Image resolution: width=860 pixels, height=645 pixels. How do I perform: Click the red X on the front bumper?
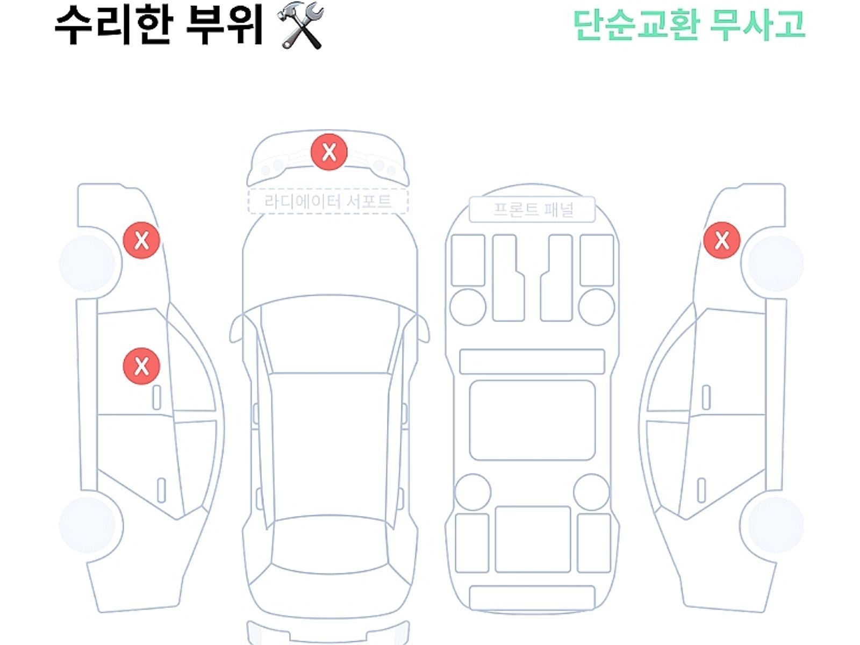tap(329, 152)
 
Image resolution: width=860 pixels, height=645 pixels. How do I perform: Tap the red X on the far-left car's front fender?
tap(141, 240)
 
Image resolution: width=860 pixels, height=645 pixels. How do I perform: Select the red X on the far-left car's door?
tap(141, 366)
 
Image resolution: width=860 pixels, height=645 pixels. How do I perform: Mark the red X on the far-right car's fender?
tap(722, 240)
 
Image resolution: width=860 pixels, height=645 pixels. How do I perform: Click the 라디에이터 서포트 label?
tap(328, 202)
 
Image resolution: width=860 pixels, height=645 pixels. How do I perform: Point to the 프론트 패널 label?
tap(533, 209)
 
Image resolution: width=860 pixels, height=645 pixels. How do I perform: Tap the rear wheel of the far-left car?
tap(87, 524)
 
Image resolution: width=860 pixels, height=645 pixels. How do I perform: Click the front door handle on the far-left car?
tap(156, 397)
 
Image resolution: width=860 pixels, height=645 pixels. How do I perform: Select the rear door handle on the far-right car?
tap(701, 490)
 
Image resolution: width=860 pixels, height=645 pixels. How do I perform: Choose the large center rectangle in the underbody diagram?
tap(532, 420)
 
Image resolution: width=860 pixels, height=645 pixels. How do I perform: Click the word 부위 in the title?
tap(225, 25)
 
